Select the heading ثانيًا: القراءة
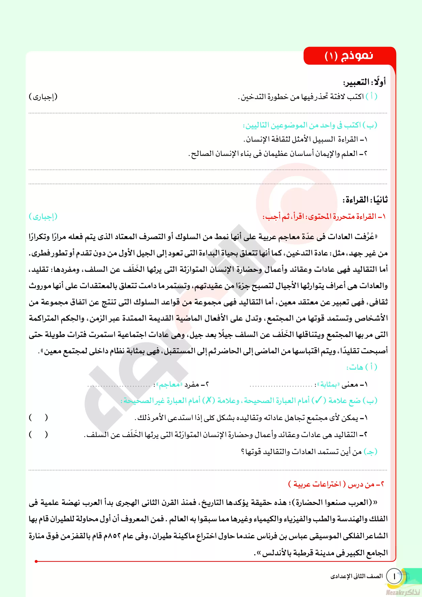click(x=365, y=200)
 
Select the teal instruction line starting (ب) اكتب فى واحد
click(x=310, y=125)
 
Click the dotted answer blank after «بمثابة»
click(x=281, y=386)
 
